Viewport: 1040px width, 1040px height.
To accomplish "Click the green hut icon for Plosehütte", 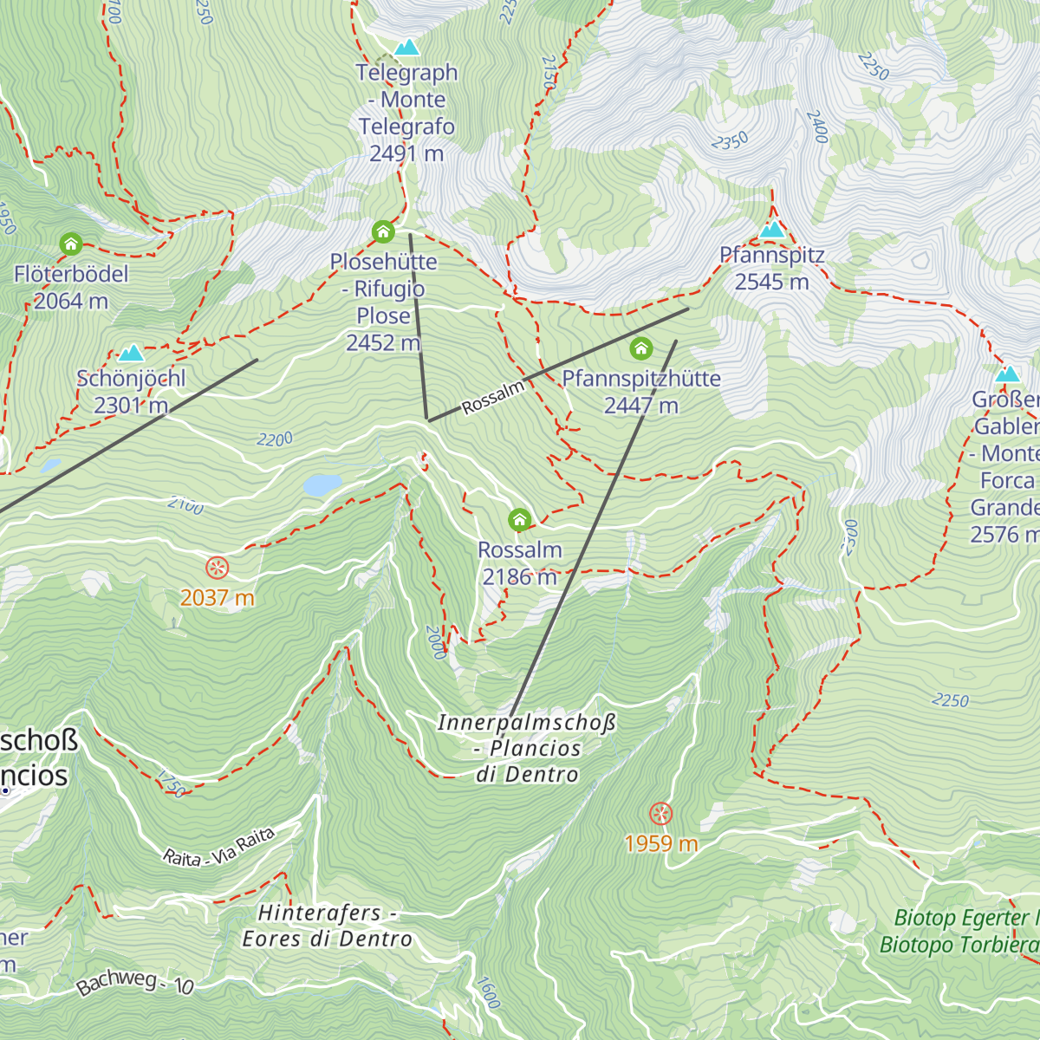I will click(x=383, y=231).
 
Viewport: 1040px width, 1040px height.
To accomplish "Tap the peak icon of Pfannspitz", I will click(x=772, y=230).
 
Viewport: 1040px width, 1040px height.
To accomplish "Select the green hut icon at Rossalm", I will click(x=519, y=520).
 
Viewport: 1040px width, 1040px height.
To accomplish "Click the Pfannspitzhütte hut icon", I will click(x=640, y=348).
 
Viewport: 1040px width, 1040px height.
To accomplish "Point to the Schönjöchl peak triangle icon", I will click(x=131, y=353).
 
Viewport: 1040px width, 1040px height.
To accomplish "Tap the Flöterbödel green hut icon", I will click(x=71, y=244).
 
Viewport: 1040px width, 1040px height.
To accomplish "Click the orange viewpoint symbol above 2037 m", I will click(x=217, y=569).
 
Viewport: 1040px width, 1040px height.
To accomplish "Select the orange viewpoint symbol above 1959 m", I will click(x=660, y=814).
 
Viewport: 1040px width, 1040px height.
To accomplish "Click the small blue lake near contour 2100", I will click(x=322, y=484).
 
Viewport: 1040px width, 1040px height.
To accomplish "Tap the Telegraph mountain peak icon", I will click(x=406, y=48).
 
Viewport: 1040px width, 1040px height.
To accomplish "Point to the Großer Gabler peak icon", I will click(x=1007, y=374).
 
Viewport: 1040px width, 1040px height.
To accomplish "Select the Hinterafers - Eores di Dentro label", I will click(x=327, y=926).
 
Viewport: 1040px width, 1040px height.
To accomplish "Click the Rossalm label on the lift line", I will click(x=493, y=398).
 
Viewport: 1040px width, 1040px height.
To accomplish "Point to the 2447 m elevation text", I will click(x=640, y=406).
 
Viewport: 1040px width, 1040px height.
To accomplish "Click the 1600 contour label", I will click(x=488, y=993).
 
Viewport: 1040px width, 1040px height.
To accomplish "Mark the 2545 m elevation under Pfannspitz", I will click(x=771, y=282).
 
